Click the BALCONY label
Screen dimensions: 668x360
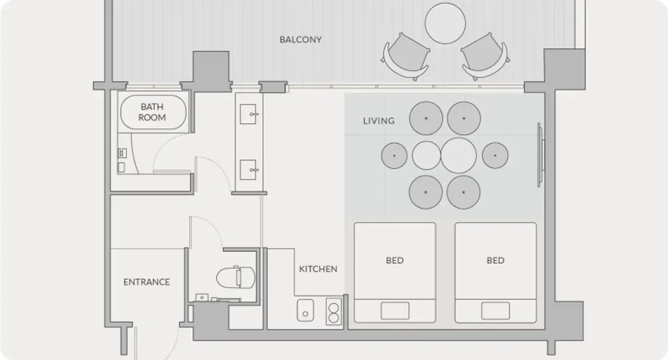coord(301,40)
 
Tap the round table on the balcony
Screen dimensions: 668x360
coord(445,23)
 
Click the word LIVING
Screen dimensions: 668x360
coord(379,121)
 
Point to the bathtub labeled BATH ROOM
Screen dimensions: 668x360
coord(153,112)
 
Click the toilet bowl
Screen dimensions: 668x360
coord(236,277)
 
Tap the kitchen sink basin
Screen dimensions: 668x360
coord(306,310)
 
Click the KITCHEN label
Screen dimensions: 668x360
coord(318,269)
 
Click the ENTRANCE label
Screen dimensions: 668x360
coord(147,282)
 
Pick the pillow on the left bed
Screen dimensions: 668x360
coord(395,311)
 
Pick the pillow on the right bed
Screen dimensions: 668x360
coord(495,311)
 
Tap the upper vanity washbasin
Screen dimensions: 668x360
coord(248,114)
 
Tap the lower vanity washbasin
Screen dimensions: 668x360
coord(248,169)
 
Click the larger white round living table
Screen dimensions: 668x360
coord(458,155)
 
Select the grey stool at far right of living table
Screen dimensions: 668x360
coord(495,155)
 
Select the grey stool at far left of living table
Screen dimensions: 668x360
coord(394,155)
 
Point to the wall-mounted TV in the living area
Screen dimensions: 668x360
coord(540,155)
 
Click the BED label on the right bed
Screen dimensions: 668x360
coord(495,260)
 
